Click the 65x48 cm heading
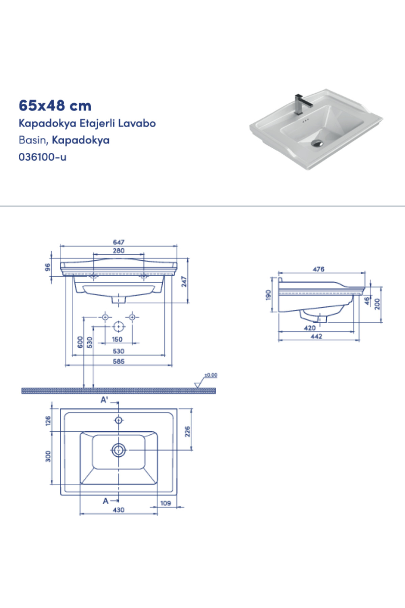(55, 106)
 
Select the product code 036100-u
(43, 157)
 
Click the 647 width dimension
(118, 242)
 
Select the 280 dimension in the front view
(118, 251)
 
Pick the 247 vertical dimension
(184, 281)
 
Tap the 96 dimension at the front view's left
(48, 267)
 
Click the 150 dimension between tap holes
(117, 339)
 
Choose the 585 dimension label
(118, 361)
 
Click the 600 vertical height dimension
(80, 342)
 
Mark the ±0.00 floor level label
(211, 375)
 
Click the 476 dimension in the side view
(318, 269)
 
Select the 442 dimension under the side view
(316, 336)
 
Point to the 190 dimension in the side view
(268, 295)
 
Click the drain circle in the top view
(118, 450)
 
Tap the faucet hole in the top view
(118, 420)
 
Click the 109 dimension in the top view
(165, 503)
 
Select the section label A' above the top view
(104, 400)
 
